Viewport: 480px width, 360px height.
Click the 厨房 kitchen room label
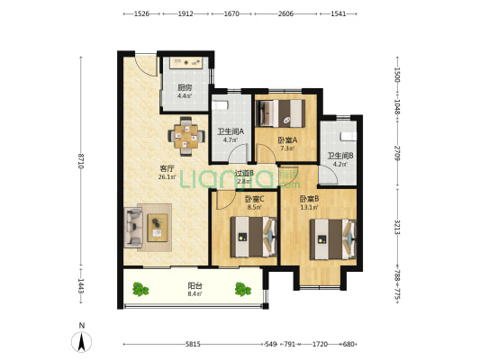[x=185, y=88]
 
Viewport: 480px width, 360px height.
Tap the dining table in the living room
[x=186, y=136]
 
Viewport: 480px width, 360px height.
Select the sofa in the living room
[x=133, y=228]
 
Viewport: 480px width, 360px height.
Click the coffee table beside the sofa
[x=158, y=228]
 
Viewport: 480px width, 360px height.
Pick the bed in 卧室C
[x=253, y=237]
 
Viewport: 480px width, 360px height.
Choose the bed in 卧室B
[x=333, y=239]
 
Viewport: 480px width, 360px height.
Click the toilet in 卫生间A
[x=221, y=105]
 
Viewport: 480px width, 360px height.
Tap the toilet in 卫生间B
[x=349, y=136]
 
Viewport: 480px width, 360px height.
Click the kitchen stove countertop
[x=186, y=63]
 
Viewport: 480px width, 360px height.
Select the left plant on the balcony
[x=140, y=289]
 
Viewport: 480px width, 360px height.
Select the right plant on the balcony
[x=243, y=289]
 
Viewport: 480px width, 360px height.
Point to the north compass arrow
[x=81, y=342]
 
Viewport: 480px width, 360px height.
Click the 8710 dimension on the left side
[x=81, y=161]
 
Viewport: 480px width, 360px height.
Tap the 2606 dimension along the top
[x=285, y=13]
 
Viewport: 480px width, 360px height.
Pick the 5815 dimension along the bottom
[x=193, y=344]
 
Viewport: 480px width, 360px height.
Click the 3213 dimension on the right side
[x=397, y=227]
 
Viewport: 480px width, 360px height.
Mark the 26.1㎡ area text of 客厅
[x=168, y=176]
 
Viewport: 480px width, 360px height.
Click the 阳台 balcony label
[x=195, y=286]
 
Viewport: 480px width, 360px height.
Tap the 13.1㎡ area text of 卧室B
[x=309, y=207]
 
